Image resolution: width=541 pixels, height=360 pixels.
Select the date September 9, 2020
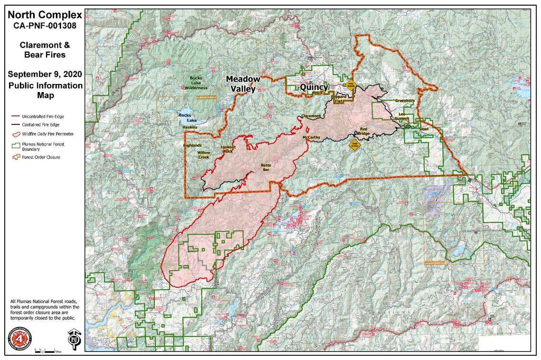click(45, 74)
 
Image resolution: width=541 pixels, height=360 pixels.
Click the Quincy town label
click(314, 88)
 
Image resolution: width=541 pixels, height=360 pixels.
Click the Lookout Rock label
click(227, 148)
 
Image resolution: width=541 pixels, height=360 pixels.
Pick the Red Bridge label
click(364, 131)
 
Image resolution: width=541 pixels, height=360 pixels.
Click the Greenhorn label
click(404, 101)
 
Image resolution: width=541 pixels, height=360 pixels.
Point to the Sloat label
click(424, 129)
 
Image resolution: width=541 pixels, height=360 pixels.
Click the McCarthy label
click(311, 138)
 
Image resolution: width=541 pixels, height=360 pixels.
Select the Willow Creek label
click(204, 155)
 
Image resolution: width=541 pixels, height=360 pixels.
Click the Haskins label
click(190, 128)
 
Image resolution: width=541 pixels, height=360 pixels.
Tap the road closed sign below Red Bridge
click(353, 144)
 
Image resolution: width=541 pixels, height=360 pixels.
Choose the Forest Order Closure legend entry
click(41, 157)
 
